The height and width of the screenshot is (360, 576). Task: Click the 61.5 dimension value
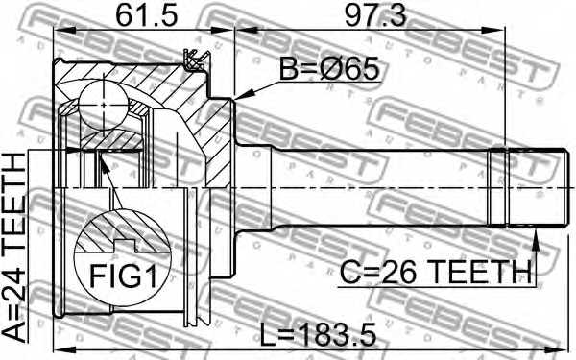pos(147,16)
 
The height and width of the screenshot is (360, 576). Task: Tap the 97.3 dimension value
pos(375,16)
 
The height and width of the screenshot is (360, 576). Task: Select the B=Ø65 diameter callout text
pos(328,69)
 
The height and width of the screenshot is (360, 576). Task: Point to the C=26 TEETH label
pos(436,272)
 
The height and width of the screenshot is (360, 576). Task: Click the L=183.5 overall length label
pos(319,334)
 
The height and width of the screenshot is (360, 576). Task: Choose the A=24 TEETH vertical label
pos(14,248)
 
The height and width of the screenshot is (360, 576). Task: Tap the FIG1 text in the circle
pos(124,276)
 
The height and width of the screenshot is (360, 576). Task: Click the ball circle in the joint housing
pos(104,105)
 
